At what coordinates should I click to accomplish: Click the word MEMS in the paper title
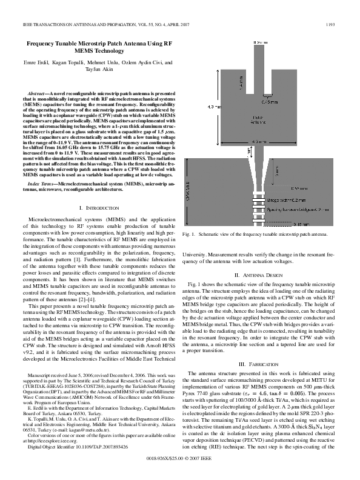(x=78, y=52)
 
